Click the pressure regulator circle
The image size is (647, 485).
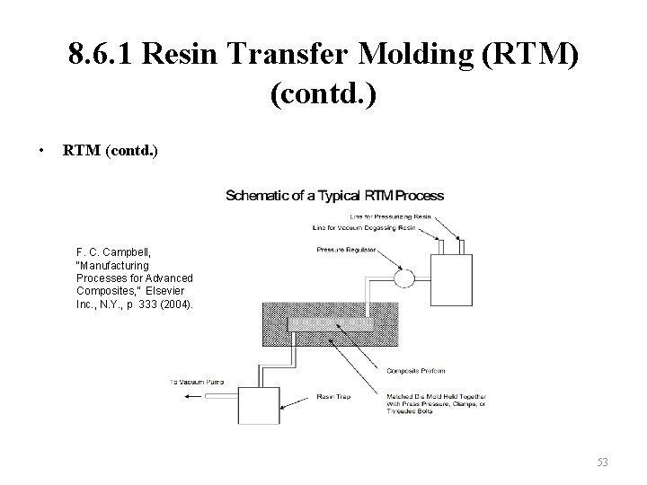coord(403,278)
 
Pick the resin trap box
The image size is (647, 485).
coord(261,407)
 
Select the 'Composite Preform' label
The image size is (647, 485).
coord(415,370)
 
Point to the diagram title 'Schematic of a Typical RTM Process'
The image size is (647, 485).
coord(334,194)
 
